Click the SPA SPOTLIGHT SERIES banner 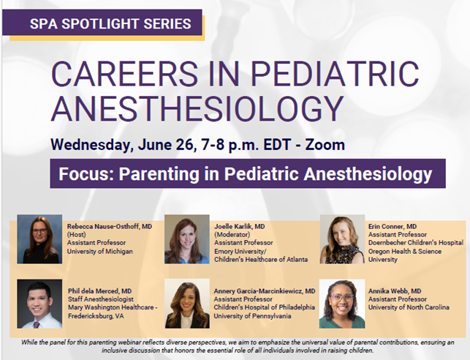(x=110, y=23)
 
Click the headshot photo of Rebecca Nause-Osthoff (x=39, y=239)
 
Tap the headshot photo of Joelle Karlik (x=186, y=239)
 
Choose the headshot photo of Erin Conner (x=342, y=239)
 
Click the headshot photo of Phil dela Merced (x=39, y=304)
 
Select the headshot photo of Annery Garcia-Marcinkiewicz (x=186, y=304)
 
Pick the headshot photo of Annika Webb (x=342, y=304)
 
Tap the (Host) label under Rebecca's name (x=77, y=234)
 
